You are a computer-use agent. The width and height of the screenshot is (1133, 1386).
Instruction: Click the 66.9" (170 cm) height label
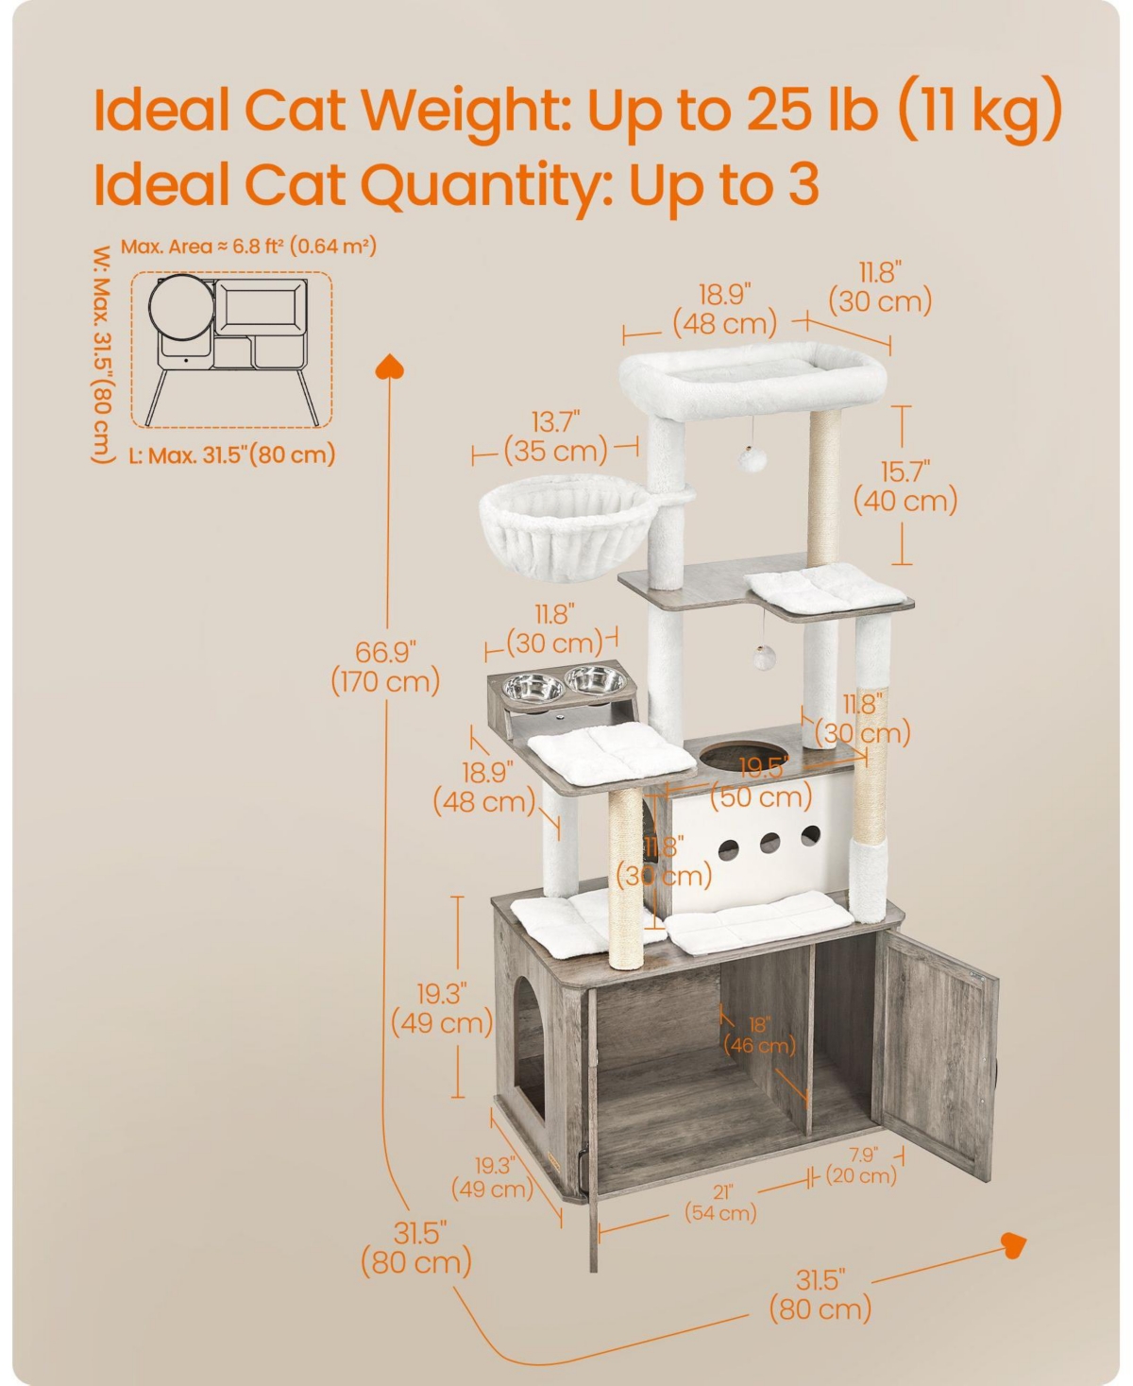tap(385, 667)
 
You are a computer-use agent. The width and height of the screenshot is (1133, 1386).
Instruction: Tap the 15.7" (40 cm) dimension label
tap(905, 487)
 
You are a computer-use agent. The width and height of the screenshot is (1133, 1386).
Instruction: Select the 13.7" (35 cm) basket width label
tap(556, 437)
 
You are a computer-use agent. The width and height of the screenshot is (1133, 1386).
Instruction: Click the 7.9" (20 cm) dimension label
tap(861, 1165)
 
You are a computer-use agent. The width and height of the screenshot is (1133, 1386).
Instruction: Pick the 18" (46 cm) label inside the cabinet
tap(759, 1035)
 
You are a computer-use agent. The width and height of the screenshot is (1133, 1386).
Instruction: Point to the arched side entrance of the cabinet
tap(530, 1052)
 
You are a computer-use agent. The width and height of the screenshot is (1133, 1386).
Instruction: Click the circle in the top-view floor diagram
tap(181, 308)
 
